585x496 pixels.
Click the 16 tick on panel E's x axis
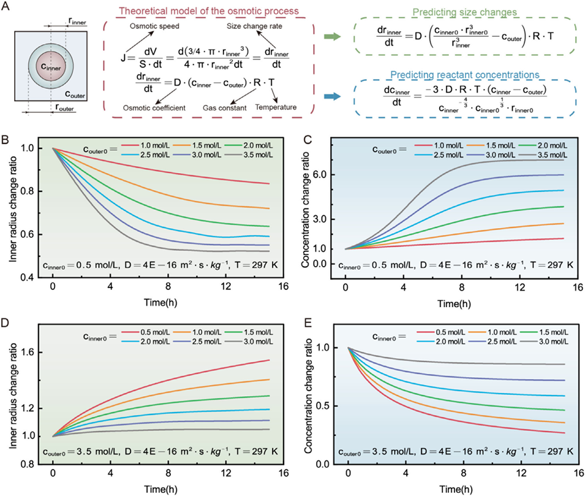577,473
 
